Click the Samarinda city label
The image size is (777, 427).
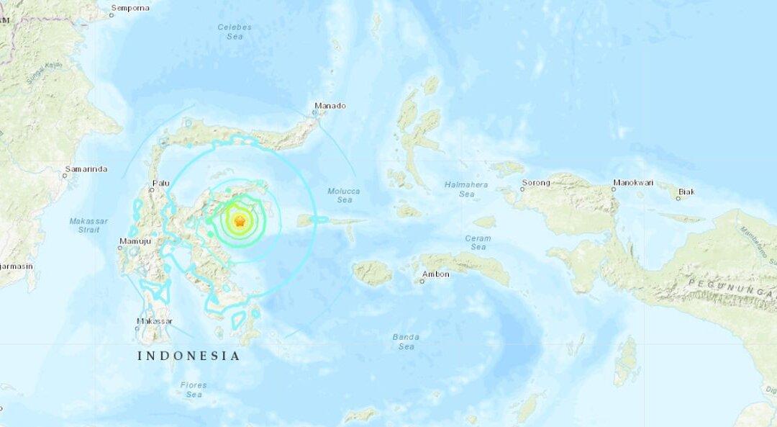click(x=86, y=169)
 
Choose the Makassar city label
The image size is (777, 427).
click(x=153, y=321)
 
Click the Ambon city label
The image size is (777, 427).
click(x=437, y=274)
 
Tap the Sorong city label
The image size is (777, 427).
click(x=535, y=183)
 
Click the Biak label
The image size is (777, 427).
click(x=686, y=192)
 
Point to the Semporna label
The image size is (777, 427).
click(x=130, y=8)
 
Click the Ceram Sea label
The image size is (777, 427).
click(x=478, y=243)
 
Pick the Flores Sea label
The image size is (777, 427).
click(x=193, y=390)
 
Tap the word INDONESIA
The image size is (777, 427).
click(x=188, y=356)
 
